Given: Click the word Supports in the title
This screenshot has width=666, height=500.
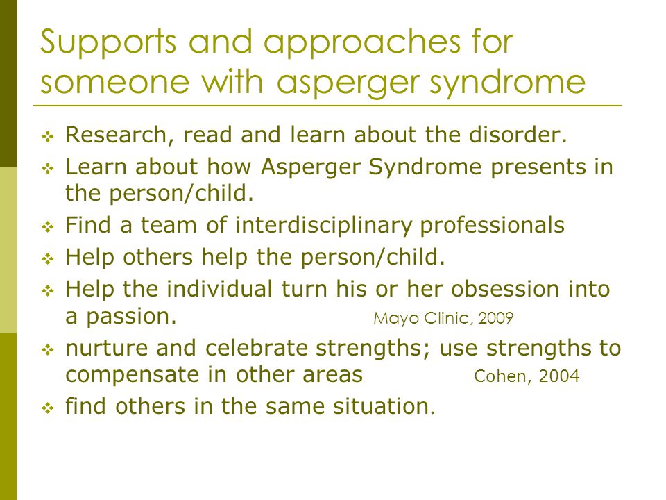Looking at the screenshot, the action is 108,43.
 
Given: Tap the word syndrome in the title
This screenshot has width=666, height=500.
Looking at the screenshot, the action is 508,83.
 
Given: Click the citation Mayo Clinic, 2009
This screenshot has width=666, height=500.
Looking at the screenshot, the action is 443,318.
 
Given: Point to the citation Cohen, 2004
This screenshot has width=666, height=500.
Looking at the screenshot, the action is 527,376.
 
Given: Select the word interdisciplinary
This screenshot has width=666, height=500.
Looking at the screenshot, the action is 324,225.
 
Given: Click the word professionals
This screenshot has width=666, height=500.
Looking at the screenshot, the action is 493,225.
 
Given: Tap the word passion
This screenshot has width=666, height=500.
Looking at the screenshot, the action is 131,317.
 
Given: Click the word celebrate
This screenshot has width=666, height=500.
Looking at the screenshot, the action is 257,348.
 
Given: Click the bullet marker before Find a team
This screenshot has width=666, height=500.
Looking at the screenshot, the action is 48,226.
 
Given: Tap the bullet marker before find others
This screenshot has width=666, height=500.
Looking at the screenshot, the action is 48,408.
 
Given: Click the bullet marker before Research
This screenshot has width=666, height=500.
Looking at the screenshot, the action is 48,137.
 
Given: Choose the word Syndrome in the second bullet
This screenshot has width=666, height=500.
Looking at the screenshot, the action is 425,167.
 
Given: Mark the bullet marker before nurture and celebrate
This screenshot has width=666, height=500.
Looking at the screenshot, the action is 48,350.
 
